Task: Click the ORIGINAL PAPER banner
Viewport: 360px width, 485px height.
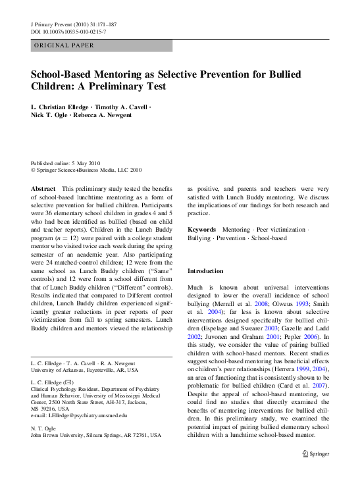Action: (63, 46)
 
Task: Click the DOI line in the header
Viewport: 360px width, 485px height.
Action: (68, 31)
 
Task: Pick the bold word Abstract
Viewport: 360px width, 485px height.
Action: (43, 188)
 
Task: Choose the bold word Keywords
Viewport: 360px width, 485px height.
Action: (202, 230)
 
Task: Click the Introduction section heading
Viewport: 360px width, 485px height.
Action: (206, 270)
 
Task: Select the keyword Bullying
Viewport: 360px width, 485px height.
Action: (199, 238)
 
